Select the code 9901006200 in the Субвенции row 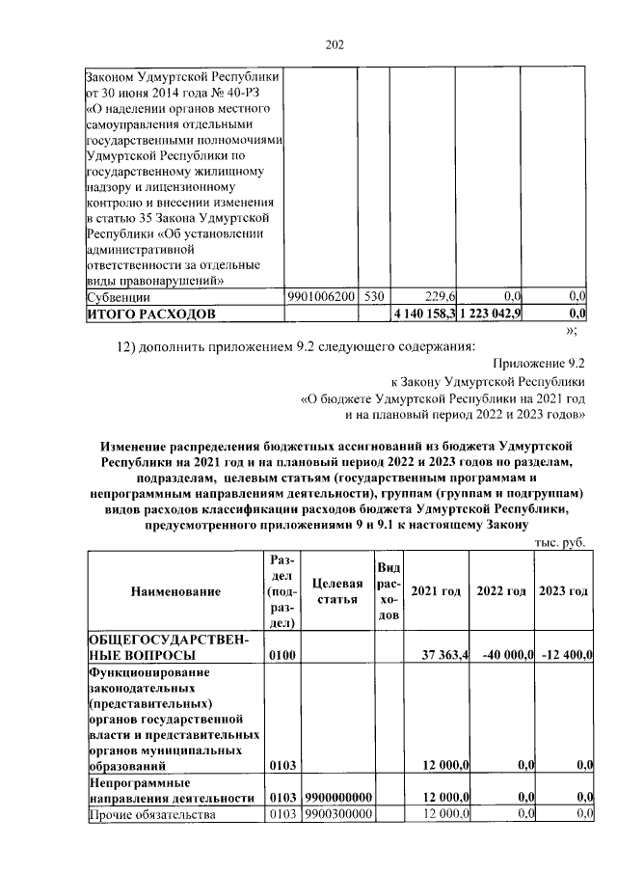(x=321, y=297)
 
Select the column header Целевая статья (x=337, y=590)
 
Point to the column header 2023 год (x=563, y=590)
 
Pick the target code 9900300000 (x=337, y=815)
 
